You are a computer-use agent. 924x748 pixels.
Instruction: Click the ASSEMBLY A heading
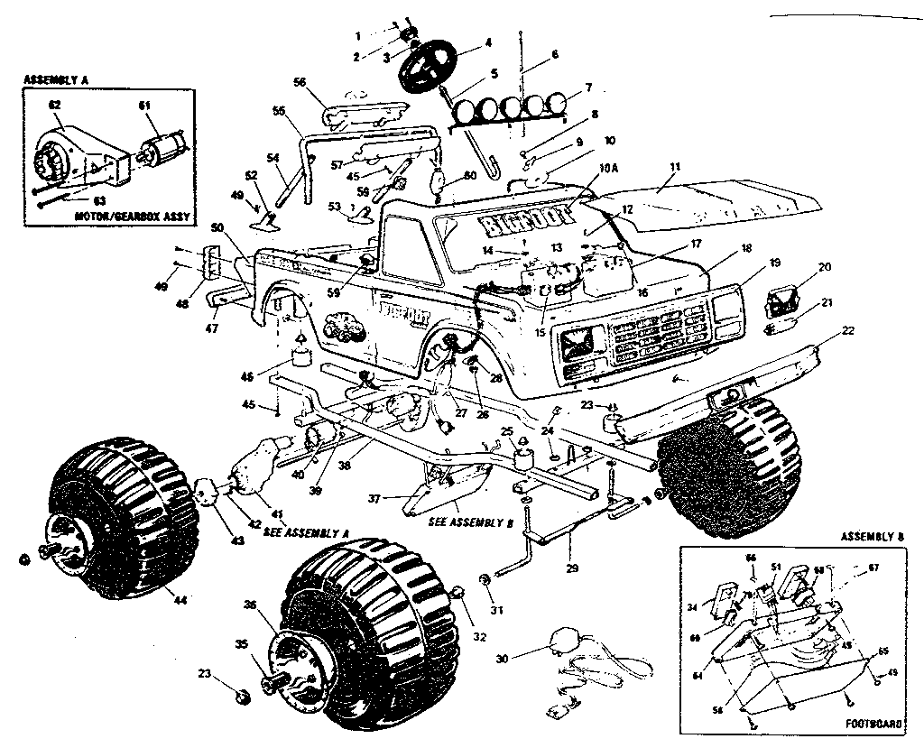[x=55, y=80]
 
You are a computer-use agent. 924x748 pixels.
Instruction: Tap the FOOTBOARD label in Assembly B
[x=873, y=723]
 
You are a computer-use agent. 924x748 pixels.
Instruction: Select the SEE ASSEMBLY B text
[x=452, y=522]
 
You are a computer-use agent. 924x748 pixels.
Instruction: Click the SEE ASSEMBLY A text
[x=307, y=532]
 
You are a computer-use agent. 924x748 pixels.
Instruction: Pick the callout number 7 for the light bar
[x=588, y=88]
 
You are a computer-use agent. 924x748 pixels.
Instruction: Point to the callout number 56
[x=300, y=81]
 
